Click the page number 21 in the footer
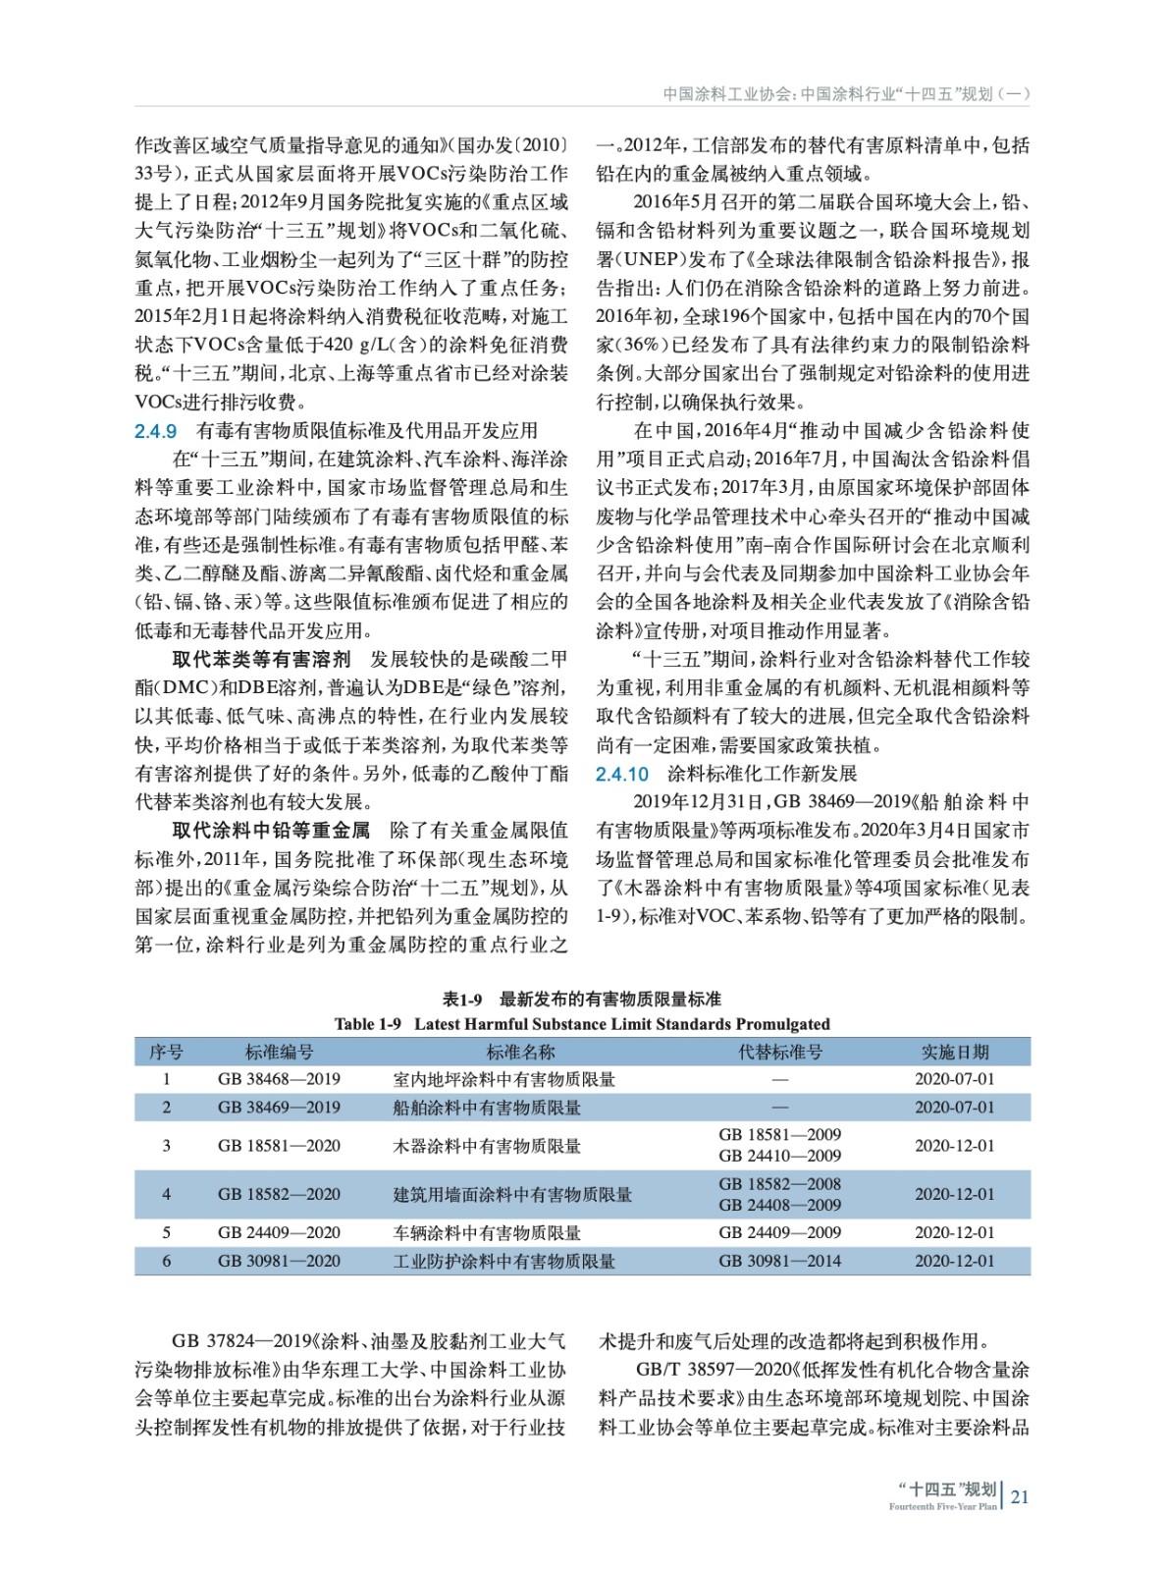(x=1020, y=1496)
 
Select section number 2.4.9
(x=156, y=431)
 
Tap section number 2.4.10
(x=622, y=774)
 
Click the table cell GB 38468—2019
(x=279, y=1079)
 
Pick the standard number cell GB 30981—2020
(x=279, y=1261)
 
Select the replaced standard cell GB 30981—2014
(x=779, y=1261)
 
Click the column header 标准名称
(x=520, y=1053)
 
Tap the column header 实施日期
(x=954, y=1053)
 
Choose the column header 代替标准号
(x=779, y=1053)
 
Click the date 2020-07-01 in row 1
(x=954, y=1079)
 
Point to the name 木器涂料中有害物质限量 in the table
(x=487, y=1146)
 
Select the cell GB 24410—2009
(x=779, y=1157)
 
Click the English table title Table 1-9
(x=368, y=1024)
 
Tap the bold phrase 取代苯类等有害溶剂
(x=261, y=660)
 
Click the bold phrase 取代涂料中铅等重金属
(x=271, y=831)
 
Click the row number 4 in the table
(x=166, y=1195)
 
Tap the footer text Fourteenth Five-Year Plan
(x=942, y=1507)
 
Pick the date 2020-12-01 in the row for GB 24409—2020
(x=954, y=1233)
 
